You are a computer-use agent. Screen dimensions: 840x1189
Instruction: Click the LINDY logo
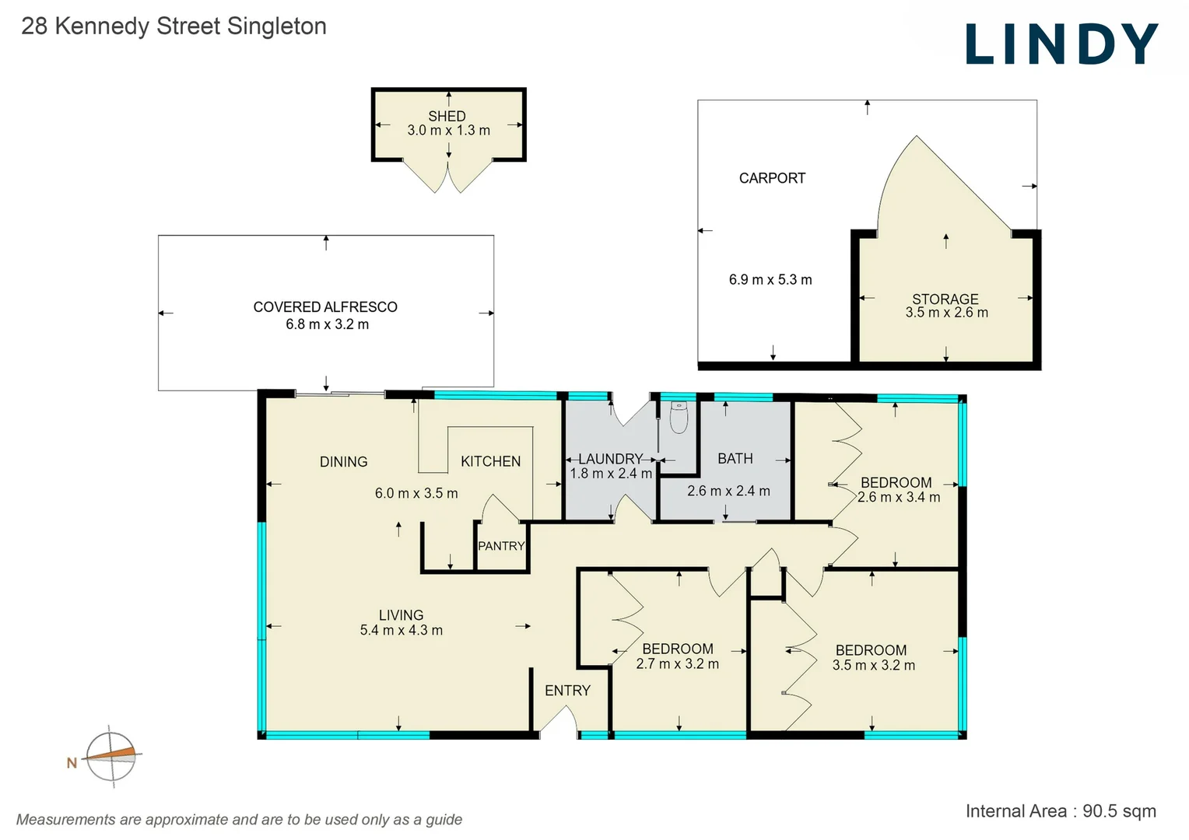click(1061, 44)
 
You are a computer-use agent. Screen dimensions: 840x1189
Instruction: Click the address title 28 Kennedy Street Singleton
click(174, 26)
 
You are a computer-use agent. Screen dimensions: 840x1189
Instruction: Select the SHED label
click(447, 116)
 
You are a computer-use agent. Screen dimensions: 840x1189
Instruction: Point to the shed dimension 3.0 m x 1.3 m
click(448, 131)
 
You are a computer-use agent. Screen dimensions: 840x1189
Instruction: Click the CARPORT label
click(772, 178)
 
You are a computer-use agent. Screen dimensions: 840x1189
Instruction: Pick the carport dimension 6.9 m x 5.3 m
click(770, 280)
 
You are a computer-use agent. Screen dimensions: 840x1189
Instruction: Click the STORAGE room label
click(945, 299)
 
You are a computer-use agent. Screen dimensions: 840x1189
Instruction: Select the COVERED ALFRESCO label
click(325, 307)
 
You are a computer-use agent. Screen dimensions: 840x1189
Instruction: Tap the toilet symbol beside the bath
click(679, 417)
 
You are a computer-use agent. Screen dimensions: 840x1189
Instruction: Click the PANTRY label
click(501, 546)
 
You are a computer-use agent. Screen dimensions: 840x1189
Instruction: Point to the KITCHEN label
click(490, 461)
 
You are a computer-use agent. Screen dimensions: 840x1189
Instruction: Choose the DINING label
click(343, 462)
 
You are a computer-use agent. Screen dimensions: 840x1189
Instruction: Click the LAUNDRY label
click(610, 459)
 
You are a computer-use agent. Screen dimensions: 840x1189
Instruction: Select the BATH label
click(735, 459)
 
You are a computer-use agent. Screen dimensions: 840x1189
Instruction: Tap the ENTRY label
click(567, 691)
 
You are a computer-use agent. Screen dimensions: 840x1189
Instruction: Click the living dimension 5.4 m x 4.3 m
click(401, 631)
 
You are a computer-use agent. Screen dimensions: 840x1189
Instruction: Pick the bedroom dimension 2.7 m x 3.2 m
click(677, 664)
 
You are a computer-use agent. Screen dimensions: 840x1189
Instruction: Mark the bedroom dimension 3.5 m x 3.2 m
click(873, 666)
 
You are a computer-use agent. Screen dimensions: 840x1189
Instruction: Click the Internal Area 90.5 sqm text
click(1060, 811)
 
